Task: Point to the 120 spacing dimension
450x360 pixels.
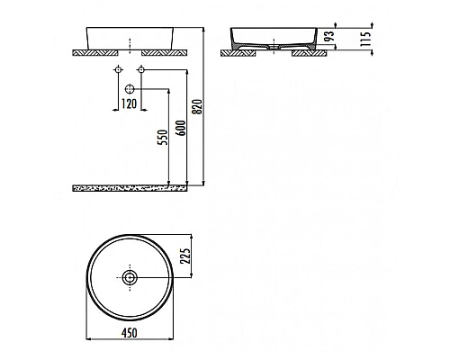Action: coord(129,104)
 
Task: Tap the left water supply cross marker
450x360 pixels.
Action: coord(118,70)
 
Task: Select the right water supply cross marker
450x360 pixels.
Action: coord(140,70)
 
